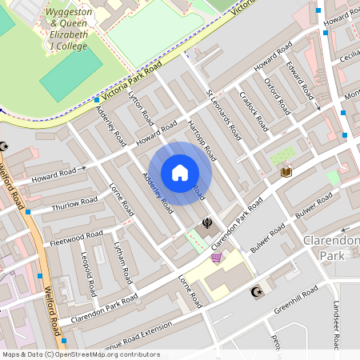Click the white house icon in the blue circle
click(x=180, y=172)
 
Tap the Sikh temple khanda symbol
click(x=207, y=223)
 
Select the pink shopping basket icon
click(x=216, y=258)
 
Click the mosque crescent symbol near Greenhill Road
click(x=257, y=293)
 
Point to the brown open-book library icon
click(x=286, y=171)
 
